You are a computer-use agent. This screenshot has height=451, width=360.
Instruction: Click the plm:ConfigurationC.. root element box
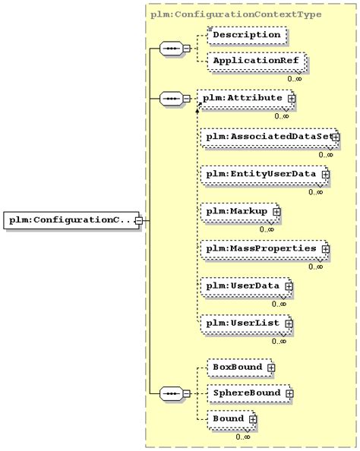70,220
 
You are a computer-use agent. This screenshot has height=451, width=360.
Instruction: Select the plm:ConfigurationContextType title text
236,14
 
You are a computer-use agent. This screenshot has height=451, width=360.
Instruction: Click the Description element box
246,35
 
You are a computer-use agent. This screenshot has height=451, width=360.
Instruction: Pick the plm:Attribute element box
242,99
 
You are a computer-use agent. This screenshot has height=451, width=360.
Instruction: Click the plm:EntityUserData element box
262,175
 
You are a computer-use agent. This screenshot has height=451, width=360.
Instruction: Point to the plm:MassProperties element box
262,248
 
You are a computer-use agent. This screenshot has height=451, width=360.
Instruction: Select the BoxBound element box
237,367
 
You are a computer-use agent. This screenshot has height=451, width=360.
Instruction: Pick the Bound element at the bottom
229,419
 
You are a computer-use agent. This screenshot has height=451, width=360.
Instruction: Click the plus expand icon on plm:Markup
276,211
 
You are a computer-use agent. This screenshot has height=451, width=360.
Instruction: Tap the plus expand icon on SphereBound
289,394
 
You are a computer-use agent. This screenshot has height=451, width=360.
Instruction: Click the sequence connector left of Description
170,48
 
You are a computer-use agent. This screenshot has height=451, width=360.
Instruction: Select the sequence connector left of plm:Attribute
170,99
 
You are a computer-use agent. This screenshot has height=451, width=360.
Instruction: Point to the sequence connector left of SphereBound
170,393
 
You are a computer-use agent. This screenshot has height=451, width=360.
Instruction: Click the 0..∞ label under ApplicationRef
295,78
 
